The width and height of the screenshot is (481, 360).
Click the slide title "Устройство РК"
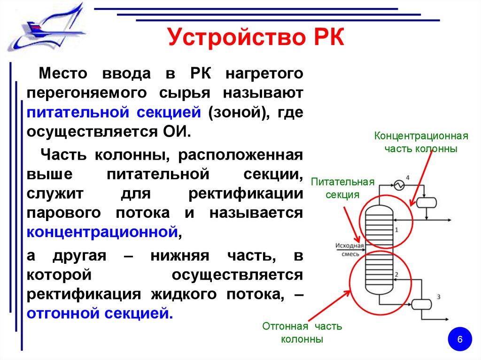coord(256,38)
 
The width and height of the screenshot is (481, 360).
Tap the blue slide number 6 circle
coord(460,339)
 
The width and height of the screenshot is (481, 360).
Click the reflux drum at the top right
coord(427,202)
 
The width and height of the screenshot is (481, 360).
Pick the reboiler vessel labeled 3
coord(422,304)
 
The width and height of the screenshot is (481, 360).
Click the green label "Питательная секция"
coord(342,188)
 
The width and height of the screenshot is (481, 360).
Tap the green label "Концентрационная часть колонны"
coord(421,142)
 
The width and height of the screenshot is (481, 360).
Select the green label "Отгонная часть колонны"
coord(302,332)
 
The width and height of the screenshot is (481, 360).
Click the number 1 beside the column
coord(396,230)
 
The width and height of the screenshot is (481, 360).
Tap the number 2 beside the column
coord(397,274)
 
